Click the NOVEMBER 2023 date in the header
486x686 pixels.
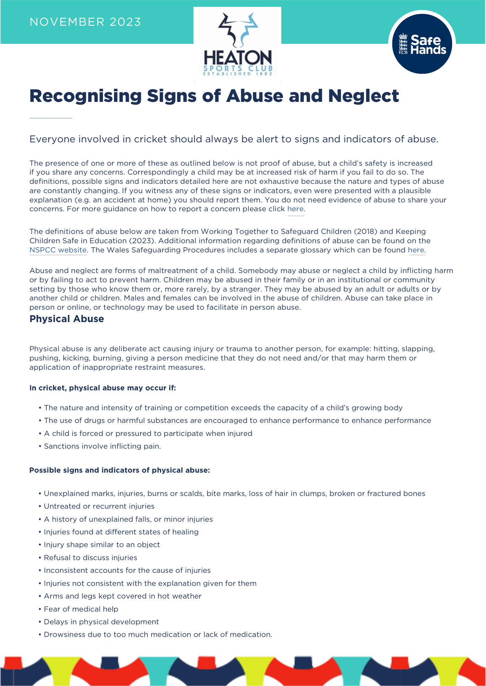tap(85, 22)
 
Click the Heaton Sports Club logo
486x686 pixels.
tap(237, 45)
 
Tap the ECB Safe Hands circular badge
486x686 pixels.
tap(422, 44)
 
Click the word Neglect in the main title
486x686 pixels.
tap(363, 96)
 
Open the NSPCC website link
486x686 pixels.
tap(58, 250)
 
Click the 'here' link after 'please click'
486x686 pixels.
tap(295, 209)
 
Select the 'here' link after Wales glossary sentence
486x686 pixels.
tap(416, 250)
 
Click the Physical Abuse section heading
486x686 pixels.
tap(67, 319)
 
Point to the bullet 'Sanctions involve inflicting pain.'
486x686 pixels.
tap(102, 446)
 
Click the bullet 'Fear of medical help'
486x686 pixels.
tap(81, 609)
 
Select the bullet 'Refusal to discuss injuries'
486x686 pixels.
tap(90, 558)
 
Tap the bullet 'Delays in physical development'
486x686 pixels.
tap(101, 622)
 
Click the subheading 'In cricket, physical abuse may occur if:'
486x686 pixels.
tap(102, 388)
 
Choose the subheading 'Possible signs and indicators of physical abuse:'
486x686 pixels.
tap(120, 470)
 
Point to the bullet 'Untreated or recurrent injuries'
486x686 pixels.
tap(99, 506)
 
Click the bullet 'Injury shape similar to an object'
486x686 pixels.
tap(102, 545)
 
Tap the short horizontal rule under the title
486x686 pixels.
tap(50, 118)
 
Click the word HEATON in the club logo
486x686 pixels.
tap(237, 57)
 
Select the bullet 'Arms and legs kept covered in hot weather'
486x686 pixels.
tap(123, 596)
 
